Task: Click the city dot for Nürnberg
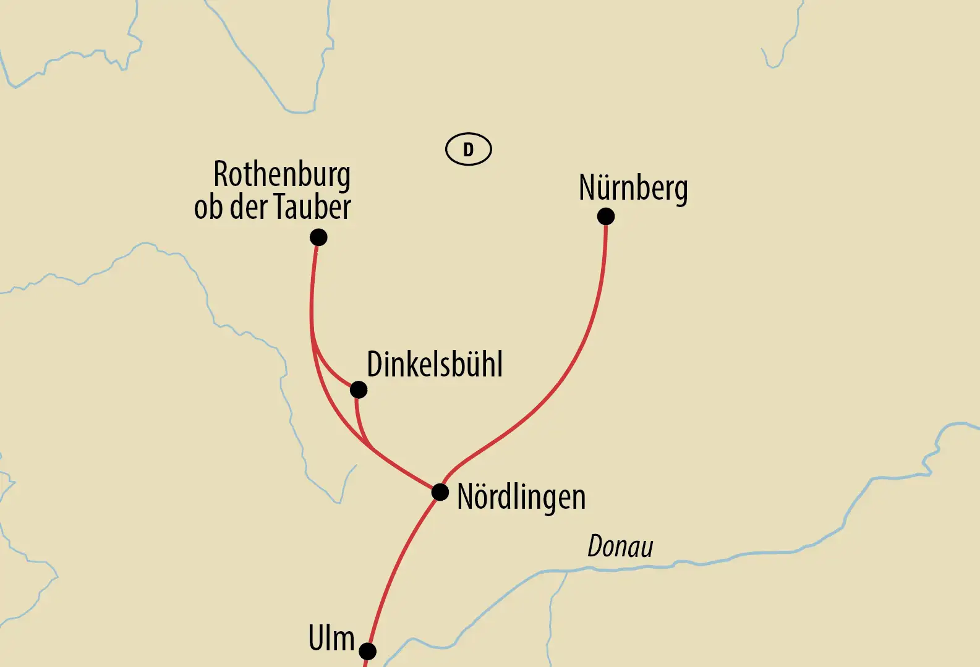[606, 216]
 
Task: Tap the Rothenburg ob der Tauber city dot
[318, 237]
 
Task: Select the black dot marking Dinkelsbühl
[359, 390]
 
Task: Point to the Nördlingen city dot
[440, 492]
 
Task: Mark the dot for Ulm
[367, 651]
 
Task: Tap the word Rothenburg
[282, 174]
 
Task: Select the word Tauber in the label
[312, 207]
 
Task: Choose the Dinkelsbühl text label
[435, 364]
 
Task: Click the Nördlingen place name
[521, 497]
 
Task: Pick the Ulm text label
[331, 638]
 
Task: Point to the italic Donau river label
[620, 546]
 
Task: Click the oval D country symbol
[469, 150]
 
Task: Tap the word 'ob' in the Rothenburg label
[208, 208]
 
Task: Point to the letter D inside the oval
[469, 150]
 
